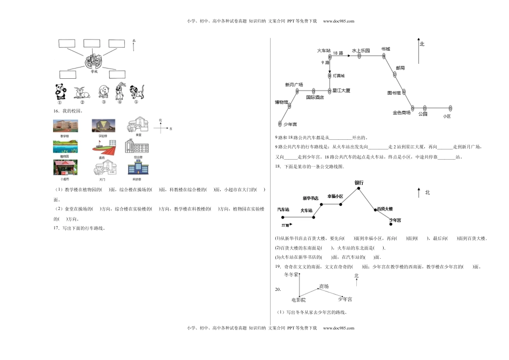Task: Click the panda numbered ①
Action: [61, 92]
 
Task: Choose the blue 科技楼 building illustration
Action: [134, 168]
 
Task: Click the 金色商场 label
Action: [401, 112]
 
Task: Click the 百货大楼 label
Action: [384, 208]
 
